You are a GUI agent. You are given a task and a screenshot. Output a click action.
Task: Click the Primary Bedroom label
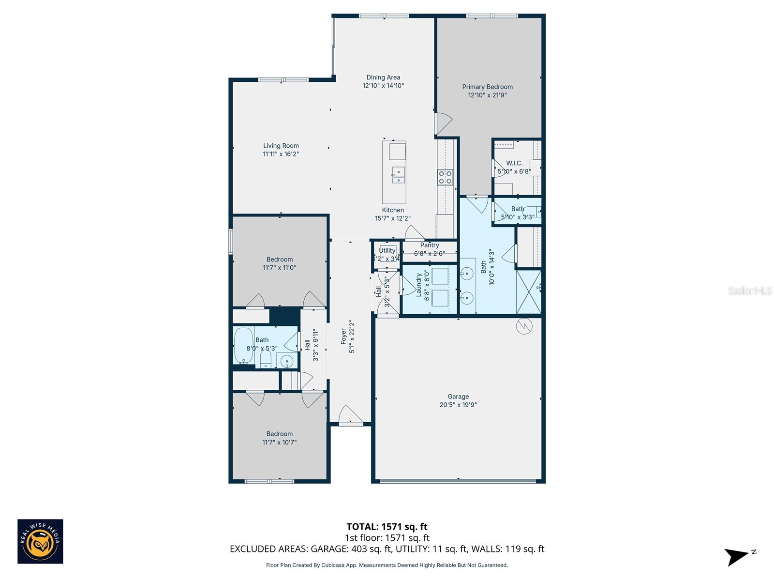point(487,87)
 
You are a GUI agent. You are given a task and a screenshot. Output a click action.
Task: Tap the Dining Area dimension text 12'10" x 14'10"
point(383,86)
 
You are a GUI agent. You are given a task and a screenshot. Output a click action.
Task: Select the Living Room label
point(281,146)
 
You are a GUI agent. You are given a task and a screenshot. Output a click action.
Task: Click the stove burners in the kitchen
point(445,177)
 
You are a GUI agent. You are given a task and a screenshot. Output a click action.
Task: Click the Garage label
point(458,397)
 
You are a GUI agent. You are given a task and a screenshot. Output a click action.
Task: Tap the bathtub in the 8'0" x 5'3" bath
point(243,345)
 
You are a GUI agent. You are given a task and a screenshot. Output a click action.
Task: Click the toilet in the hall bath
point(266,359)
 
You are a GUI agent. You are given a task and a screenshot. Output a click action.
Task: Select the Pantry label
point(430,245)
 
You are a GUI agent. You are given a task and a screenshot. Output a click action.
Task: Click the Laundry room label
point(419,286)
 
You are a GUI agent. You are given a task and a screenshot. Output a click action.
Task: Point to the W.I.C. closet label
point(514,163)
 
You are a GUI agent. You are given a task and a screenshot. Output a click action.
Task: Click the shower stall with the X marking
point(528,292)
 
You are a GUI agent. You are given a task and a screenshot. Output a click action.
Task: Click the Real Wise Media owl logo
point(40,541)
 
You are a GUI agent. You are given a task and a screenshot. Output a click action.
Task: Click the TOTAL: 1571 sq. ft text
point(387,527)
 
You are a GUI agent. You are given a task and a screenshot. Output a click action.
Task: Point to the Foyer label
point(344,336)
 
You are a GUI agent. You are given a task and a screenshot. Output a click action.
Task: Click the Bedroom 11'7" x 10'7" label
point(279,434)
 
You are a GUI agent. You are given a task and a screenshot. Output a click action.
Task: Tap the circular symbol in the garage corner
point(524,327)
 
